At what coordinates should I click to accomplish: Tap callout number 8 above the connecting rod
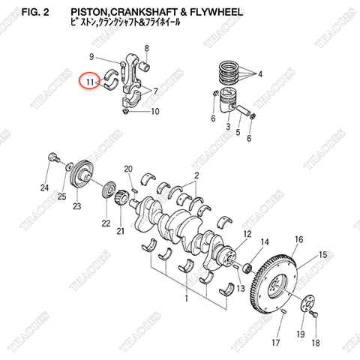[146, 49]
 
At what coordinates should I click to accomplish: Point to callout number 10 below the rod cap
[156, 112]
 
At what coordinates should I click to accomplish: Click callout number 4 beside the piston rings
[261, 74]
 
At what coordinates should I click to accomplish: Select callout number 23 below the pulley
[76, 205]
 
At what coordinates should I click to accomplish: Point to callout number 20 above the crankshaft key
[127, 169]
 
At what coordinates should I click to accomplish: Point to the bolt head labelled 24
[53, 158]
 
